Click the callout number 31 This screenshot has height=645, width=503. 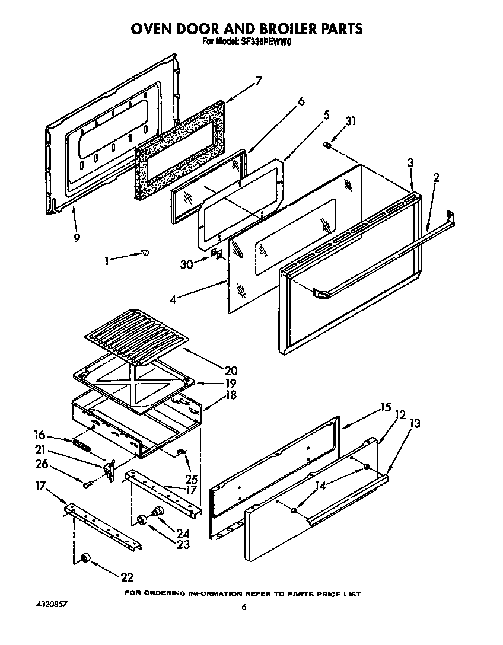tap(351, 122)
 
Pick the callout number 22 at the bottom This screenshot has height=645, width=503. tap(126, 576)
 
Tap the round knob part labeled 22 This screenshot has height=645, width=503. tap(85, 557)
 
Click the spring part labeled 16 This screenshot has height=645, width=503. tap(82, 445)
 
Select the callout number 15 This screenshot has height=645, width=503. tap(386, 408)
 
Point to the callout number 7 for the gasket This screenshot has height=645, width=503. tap(258, 81)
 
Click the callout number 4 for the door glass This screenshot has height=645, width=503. tap(172, 300)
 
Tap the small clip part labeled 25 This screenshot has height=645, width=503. tap(182, 452)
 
